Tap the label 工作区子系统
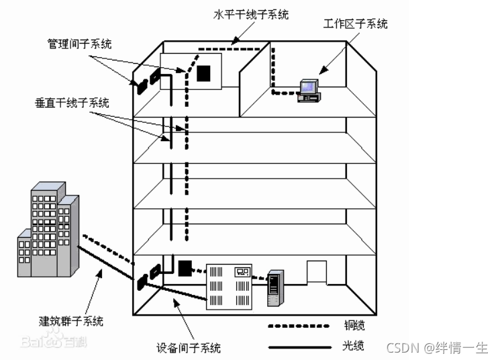point(355,24)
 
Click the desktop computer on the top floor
point(308,90)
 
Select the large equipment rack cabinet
point(230,286)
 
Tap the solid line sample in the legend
point(300,348)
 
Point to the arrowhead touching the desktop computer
point(321,71)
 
